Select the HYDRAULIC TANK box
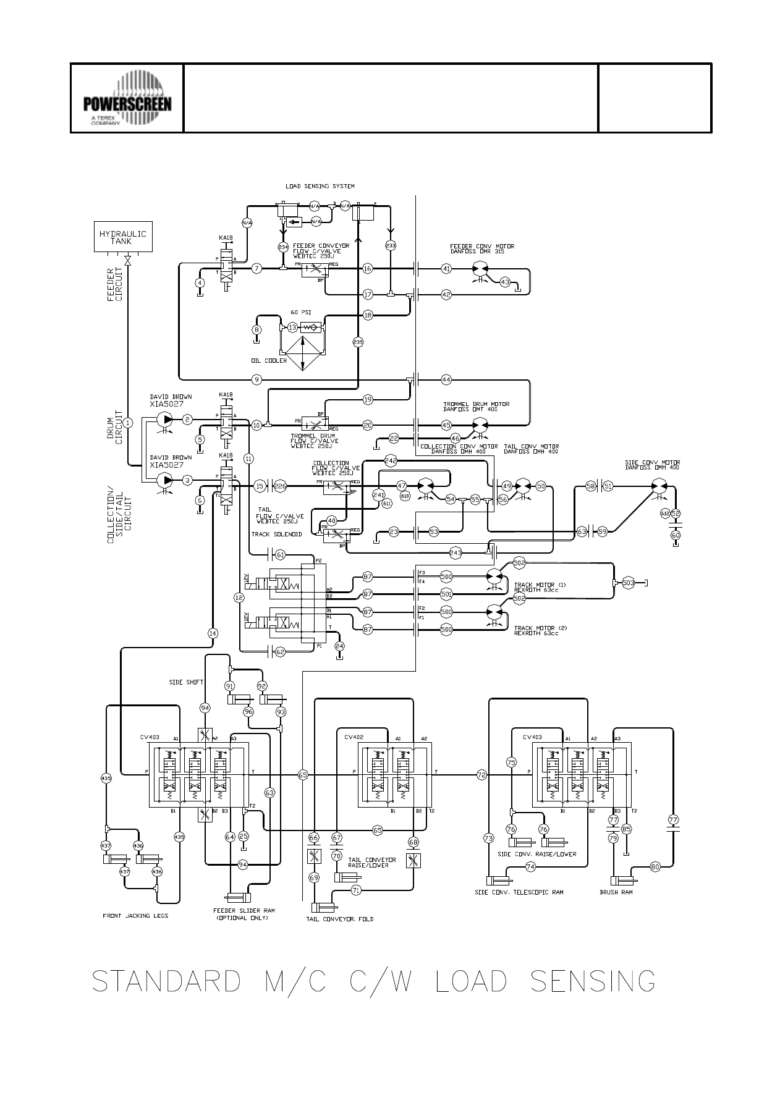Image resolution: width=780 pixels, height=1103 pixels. [x=123, y=237]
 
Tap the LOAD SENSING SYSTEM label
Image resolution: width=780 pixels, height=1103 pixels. [x=320, y=186]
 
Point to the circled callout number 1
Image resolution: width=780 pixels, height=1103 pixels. [x=127, y=423]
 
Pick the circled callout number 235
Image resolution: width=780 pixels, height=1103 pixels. [x=358, y=342]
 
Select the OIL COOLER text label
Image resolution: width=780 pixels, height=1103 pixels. [x=269, y=361]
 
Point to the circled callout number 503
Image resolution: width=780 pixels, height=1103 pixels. [x=629, y=583]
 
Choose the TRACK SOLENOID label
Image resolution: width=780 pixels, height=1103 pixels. [x=276, y=535]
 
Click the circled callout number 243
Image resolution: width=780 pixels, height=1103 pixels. [x=456, y=552]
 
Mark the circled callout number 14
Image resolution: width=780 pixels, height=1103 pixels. [x=213, y=633]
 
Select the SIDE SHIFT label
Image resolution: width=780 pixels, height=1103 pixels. [x=184, y=683]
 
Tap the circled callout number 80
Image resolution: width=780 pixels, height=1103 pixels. [x=655, y=867]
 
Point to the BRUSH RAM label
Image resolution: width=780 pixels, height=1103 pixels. [x=616, y=892]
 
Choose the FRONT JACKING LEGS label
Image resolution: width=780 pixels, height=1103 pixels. [x=135, y=916]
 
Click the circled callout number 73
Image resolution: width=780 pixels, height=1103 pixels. [x=488, y=839]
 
